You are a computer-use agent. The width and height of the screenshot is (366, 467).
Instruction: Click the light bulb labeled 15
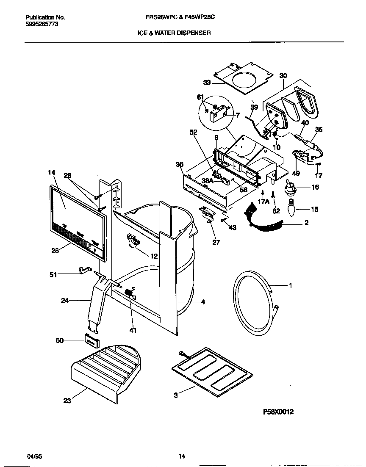[x=291, y=209]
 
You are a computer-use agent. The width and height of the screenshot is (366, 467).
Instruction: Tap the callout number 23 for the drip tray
[x=67, y=401]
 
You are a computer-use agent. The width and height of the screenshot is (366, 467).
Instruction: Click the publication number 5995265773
[x=42, y=25]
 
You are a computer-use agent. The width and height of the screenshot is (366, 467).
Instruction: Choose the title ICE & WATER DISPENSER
[x=174, y=33]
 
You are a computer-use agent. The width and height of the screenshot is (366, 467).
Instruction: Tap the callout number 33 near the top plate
[x=207, y=83]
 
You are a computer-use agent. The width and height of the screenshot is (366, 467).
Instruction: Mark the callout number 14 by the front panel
[x=52, y=172]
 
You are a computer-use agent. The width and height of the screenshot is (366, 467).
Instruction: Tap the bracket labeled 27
[x=207, y=214]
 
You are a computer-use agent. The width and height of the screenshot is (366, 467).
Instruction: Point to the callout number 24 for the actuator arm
[x=65, y=301]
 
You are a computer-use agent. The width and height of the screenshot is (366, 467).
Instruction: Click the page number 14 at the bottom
[x=182, y=456]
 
